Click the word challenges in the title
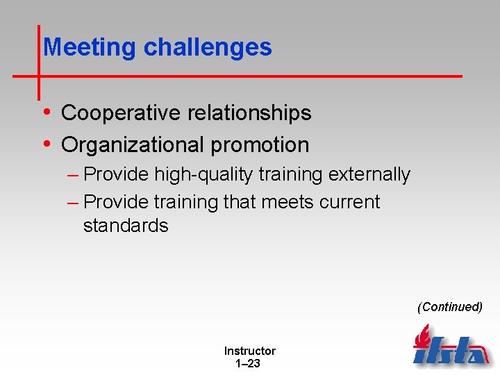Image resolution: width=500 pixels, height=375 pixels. tap(208, 47)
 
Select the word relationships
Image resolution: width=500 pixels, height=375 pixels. tap(250, 112)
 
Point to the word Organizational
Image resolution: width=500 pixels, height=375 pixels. tap(130, 144)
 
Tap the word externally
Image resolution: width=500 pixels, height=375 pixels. tap(369, 174)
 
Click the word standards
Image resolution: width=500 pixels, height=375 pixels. tap(126, 226)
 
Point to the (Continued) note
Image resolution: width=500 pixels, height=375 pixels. tap(449, 307)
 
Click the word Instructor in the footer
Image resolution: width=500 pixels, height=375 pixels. tap(249, 351)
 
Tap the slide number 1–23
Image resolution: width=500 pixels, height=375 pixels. tap(248, 363)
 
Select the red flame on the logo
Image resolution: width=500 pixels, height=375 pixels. tap(422, 336)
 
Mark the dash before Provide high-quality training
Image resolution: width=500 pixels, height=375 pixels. tap(74, 174)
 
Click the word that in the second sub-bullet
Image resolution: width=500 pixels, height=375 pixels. tap(240, 202)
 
